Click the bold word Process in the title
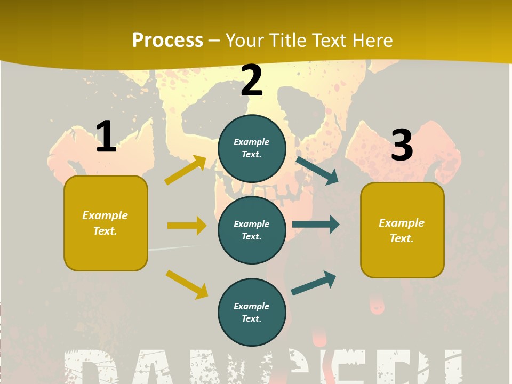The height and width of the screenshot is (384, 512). pyautogui.click(x=167, y=41)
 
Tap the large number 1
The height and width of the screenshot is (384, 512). pyautogui.click(x=106, y=137)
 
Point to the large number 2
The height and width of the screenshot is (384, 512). pyautogui.click(x=252, y=81)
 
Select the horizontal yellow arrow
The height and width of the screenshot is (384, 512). pyautogui.click(x=187, y=226)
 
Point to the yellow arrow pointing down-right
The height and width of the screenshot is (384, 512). pyautogui.click(x=187, y=284)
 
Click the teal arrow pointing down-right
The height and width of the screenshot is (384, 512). pyautogui.click(x=317, y=170)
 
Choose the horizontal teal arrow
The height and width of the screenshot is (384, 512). pyautogui.click(x=316, y=225)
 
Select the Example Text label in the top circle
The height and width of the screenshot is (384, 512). pyautogui.click(x=252, y=148)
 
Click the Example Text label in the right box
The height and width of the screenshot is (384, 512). pyautogui.click(x=402, y=230)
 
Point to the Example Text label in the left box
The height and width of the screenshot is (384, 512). pyautogui.click(x=106, y=223)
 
